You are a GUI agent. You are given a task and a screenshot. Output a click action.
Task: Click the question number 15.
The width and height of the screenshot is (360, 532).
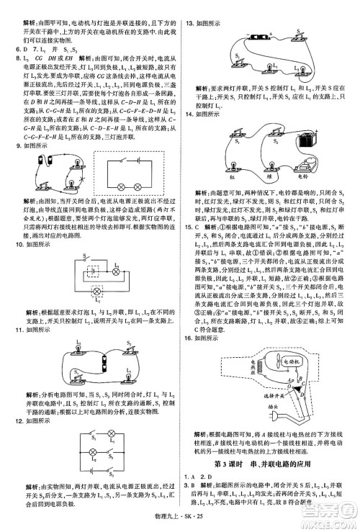pyautogui.click(x=189, y=205)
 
